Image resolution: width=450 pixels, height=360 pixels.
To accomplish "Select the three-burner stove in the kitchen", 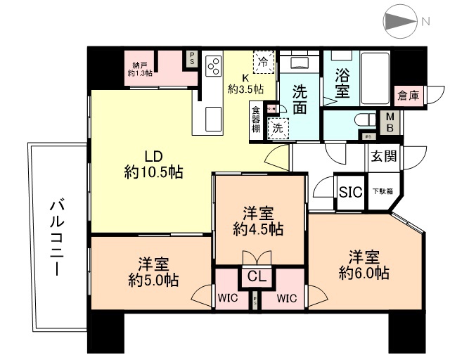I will click(214, 66).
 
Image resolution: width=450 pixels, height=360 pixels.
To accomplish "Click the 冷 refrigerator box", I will click(264, 62).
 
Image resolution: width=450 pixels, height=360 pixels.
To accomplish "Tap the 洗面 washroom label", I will click(300, 99).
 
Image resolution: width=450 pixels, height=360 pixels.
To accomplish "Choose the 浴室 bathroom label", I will click(342, 82).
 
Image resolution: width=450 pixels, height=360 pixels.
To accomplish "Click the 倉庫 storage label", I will click(409, 96).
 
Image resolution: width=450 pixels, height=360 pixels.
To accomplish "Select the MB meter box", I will click(389, 123).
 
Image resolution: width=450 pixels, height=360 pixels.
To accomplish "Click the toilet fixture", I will click(364, 120).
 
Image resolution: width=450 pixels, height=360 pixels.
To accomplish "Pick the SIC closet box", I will click(349, 192).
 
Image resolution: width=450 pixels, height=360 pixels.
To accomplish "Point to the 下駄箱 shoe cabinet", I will click(382, 191).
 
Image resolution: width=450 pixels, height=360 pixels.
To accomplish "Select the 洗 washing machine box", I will click(278, 127).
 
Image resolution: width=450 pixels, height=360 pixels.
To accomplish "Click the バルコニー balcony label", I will click(57, 237).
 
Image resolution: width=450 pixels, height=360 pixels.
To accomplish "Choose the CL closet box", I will click(255, 276).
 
